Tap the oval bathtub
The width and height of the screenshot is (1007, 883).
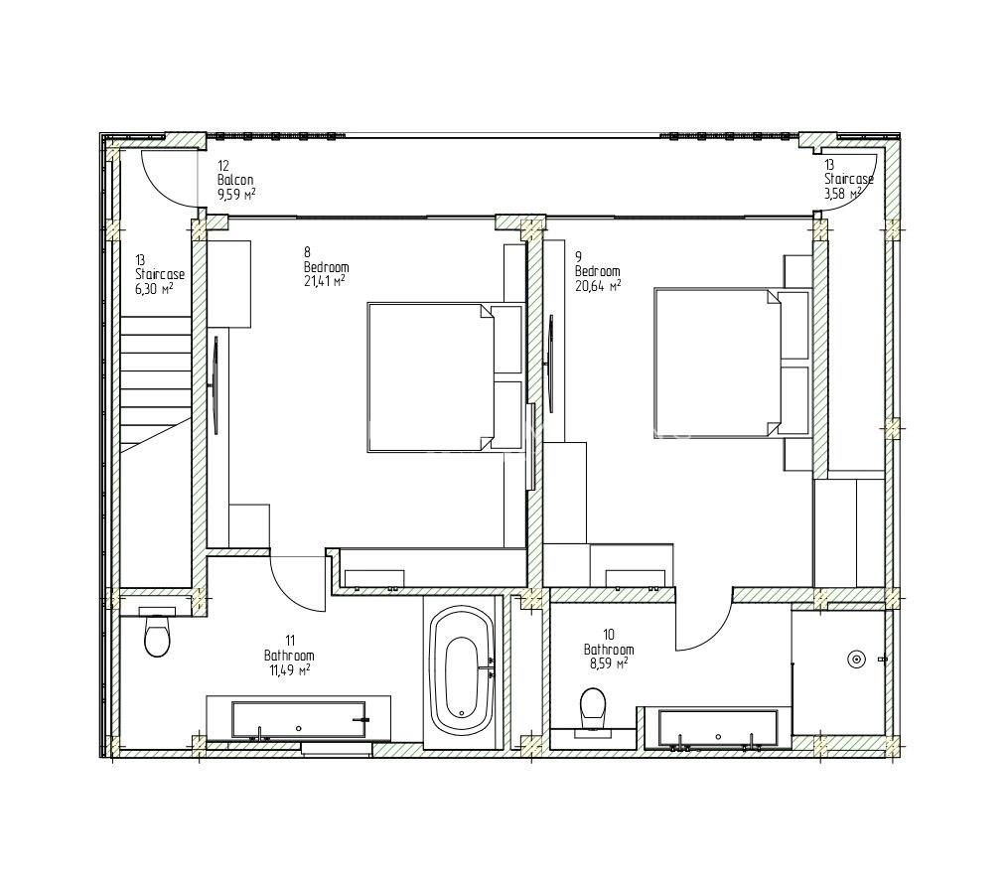(x=462, y=671)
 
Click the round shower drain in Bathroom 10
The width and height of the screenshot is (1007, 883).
(x=856, y=659)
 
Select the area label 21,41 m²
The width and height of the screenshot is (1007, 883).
(x=325, y=280)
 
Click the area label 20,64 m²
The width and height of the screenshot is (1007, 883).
(x=597, y=285)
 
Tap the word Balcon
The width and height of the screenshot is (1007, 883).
(x=235, y=180)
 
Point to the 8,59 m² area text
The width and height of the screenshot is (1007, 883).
(x=608, y=662)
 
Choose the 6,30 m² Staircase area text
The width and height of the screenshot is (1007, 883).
(x=154, y=288)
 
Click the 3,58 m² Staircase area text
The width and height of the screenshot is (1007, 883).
(x=843, y=193)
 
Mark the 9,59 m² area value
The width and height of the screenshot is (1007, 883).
(x=237, y=194)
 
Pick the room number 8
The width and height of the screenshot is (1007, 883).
(x=307, y=252)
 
